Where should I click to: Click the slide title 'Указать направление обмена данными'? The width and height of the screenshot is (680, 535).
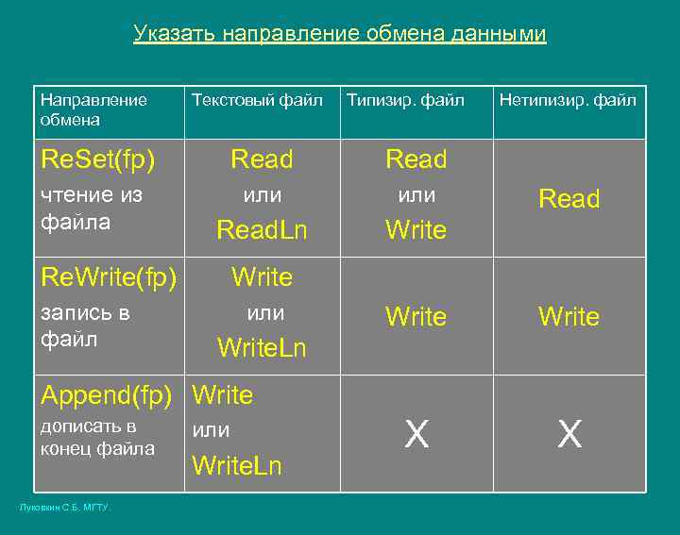coord(340,35)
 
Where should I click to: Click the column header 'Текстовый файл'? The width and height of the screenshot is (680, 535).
coord(257,100)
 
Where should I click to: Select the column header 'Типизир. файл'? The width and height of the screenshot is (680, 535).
coord(406,100)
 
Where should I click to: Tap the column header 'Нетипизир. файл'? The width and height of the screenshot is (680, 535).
coord(568,100)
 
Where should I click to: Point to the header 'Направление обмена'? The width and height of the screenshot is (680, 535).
coord(93,109)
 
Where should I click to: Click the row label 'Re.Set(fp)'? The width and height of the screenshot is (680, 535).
coord(97,160)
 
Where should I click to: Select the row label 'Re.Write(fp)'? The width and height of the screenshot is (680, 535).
coord(109,277)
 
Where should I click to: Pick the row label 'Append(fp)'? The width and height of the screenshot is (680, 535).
coord(106,394)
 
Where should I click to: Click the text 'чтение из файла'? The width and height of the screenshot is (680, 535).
coord(91,209)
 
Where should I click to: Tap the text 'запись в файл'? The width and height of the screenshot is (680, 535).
coord(85,325)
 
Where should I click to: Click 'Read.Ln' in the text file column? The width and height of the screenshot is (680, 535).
coord(262,230)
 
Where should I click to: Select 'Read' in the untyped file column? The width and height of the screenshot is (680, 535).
coord(569,199)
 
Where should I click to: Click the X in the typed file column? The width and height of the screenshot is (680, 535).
coord(416,435)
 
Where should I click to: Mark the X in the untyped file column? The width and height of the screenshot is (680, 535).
coord(569,435)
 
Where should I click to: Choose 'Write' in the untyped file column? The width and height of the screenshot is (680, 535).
coord(569,317)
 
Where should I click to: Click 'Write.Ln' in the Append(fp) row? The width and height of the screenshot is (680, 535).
coord(236,466)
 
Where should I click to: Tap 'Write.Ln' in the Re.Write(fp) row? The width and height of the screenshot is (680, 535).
coord(262,348)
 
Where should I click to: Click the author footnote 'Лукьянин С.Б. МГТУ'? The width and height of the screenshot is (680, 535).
coord(65,509)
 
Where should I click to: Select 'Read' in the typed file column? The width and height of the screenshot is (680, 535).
coord(416,160)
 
